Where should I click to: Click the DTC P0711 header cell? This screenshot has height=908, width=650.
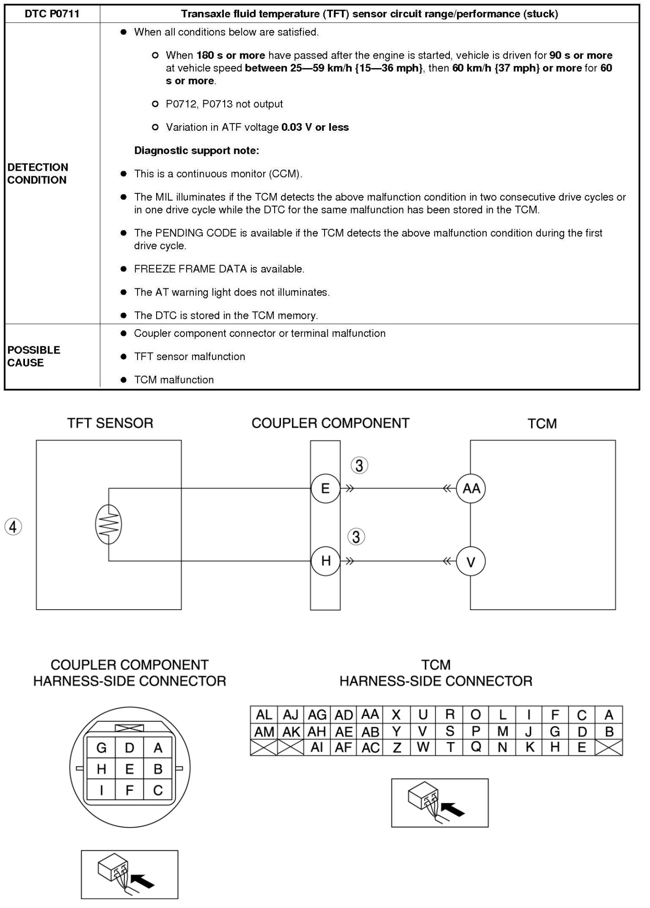pos(52,14)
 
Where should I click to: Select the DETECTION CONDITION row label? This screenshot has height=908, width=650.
pos(38,173)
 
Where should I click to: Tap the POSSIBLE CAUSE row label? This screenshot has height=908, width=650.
pos(34,356)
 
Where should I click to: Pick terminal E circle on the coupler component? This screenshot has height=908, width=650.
pos(325,489)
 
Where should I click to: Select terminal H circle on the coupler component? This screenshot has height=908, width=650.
pos(325,561)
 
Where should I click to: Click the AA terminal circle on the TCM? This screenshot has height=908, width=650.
pos(471,489)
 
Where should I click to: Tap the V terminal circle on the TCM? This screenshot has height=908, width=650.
pos(471,562)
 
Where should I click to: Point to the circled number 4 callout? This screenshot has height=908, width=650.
pos(13,527)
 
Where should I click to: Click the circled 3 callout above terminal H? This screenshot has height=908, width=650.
pos(356,537)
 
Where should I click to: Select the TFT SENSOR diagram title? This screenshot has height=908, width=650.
pos(110,423)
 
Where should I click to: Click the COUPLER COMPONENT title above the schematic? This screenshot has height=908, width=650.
pos(330,423)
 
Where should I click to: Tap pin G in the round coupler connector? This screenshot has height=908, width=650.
pos(101,748)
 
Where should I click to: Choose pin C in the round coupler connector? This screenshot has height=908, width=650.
pos(158,790)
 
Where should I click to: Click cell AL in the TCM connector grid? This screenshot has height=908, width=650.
pos(264,715)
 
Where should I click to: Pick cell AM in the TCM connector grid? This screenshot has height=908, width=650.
pos(264,732)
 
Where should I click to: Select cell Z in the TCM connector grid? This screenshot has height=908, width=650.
pos(397,748)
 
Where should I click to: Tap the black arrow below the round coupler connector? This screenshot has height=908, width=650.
pos(143,881)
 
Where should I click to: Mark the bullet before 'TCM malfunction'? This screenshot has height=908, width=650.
pos(123,380)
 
